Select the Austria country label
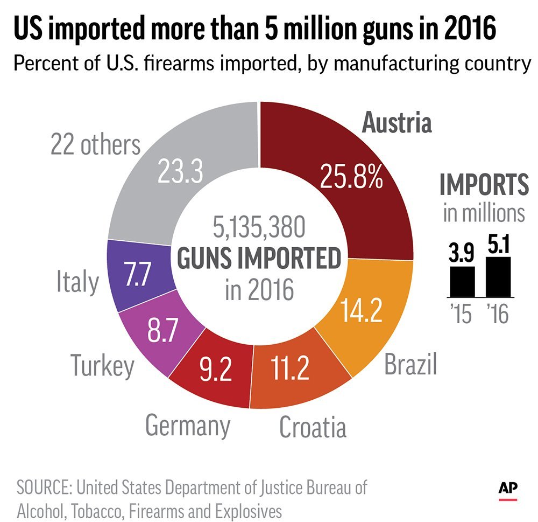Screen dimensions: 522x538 point(397,123)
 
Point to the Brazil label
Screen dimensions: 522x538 point(410,365)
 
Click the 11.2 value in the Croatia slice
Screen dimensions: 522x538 point(282,367)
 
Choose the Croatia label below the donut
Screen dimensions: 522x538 point(312,427)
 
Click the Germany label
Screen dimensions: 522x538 point(188,425)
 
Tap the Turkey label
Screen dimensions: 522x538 point(102,366)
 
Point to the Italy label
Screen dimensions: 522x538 point(77,281)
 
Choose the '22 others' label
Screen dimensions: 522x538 point(95,144)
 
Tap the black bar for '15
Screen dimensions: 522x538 point(462,282)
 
